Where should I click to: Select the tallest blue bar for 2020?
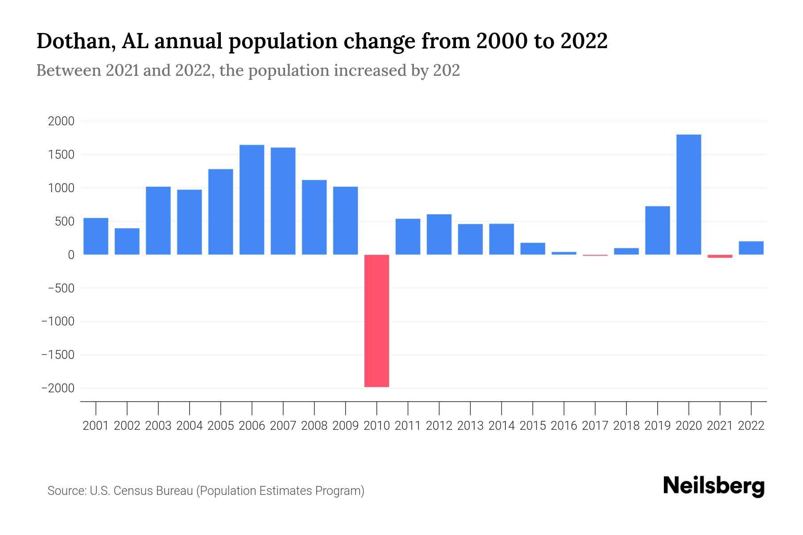688,194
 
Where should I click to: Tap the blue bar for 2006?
252,200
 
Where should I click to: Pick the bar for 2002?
127,241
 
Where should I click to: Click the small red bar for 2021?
720,256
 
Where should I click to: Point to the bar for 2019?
657,230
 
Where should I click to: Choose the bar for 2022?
751,248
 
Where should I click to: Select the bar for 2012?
439,234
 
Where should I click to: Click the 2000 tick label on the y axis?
61,121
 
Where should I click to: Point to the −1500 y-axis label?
58,355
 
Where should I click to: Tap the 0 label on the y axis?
70,255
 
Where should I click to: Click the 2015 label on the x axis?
533,426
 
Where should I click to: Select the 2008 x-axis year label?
314,426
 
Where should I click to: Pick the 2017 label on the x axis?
595,426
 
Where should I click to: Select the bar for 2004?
189,222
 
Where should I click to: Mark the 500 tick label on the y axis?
64,222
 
